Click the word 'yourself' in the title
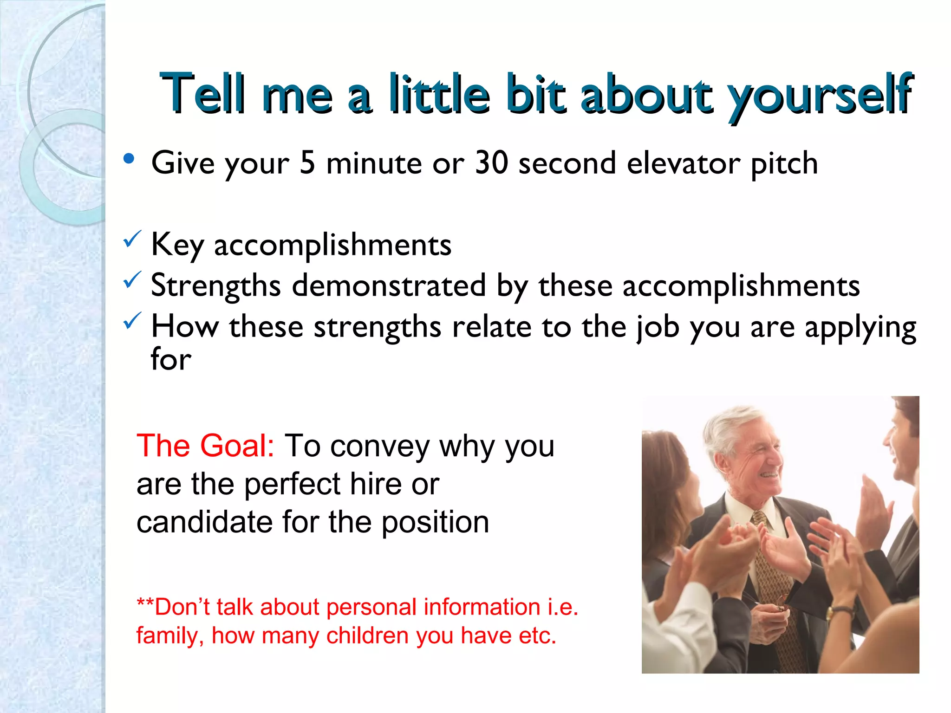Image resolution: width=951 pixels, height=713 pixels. click(x=820, y=95)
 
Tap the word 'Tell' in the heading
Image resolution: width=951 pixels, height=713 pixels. click(x=202, y=94)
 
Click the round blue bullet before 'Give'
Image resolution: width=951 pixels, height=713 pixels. click(x=129, y=159)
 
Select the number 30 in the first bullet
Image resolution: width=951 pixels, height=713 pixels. click(x=492, y=163)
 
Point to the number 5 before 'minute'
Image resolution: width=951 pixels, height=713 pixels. click(x=307, y=163)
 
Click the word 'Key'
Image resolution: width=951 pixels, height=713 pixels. click(x=177, y=245)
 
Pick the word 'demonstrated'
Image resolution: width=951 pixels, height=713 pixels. click(x=389, y=285)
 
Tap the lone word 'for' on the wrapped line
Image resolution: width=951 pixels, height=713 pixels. click(x=170, y=359)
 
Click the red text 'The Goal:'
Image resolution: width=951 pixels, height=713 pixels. click(x=205, y=446)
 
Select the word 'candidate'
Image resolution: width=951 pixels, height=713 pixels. click(x=204, y=522)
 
